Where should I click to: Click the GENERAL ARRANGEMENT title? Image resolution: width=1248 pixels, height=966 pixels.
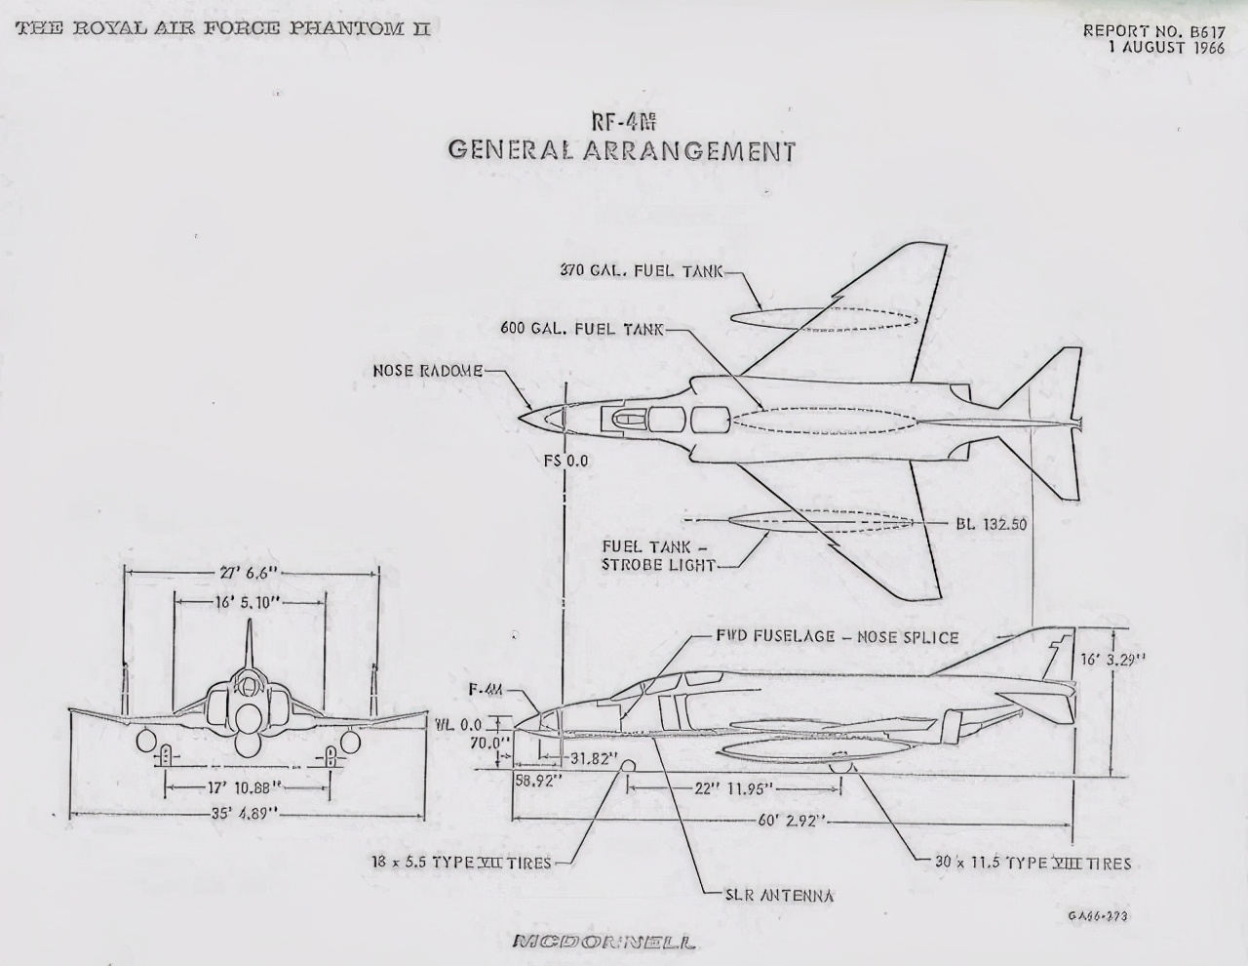(621, 151)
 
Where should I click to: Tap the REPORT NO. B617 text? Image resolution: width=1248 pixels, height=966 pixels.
(1153, 30)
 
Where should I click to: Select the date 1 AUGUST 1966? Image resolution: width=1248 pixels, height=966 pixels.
(1165, 48)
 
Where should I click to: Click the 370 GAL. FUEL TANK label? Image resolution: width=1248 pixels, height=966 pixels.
(642, 270)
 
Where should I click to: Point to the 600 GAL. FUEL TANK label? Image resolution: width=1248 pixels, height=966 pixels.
(582, 329)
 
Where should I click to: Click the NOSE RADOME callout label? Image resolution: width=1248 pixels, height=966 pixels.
(428, 371)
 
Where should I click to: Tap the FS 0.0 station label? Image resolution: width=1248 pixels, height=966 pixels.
(566, 461)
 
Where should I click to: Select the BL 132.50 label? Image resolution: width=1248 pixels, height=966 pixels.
(991, 524)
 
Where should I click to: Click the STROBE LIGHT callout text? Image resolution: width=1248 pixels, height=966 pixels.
(659, 564)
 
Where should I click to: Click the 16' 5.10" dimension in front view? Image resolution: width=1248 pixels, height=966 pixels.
(248, 603)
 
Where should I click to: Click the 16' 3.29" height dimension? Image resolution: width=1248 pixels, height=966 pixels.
(1113, 659)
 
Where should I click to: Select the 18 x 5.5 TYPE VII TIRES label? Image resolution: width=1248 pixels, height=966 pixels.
(461, 863)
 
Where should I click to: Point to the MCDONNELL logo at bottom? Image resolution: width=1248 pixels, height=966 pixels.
(604, 943)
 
